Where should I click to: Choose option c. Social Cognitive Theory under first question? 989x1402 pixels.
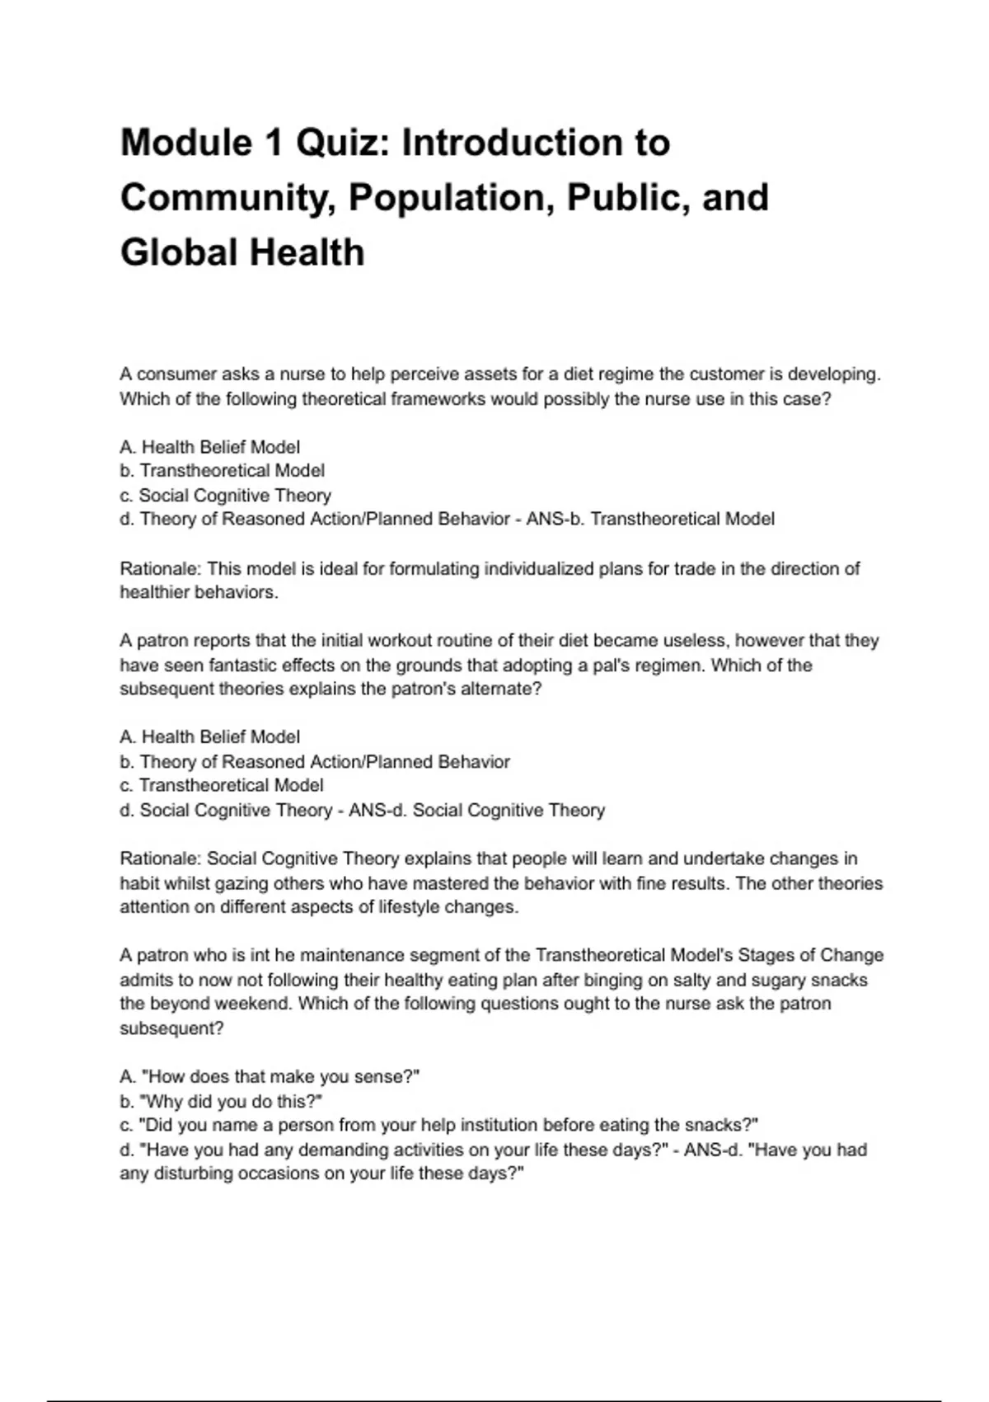click(x=226, y=496)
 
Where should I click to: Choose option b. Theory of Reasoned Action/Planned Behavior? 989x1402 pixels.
click(x=315, y=762)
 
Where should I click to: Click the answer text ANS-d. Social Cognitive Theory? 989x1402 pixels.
click(x=476, y=811)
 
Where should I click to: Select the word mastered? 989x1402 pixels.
click(x=437, y=884)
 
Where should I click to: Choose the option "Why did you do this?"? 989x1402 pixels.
click(x=221, y=1102)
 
